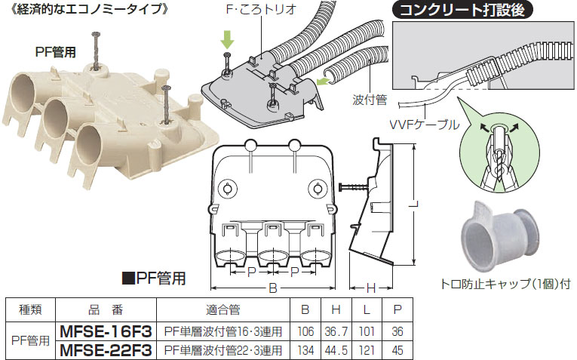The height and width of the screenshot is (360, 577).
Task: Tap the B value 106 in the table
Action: pos(305,331)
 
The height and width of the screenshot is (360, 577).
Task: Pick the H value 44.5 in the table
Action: pos(337,349)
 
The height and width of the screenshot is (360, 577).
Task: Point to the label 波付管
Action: pos(368,99)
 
